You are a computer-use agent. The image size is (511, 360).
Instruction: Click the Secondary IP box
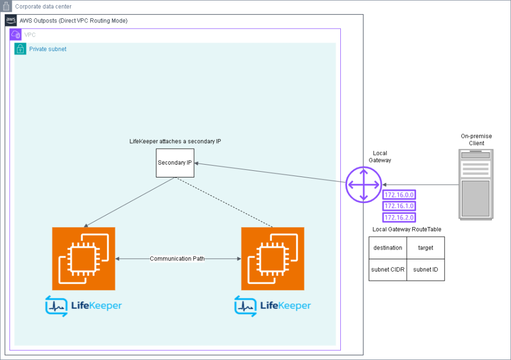[175, 163]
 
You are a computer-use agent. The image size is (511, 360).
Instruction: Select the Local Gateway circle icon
[363, 184]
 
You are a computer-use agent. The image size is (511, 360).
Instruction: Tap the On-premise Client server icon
[476, 184]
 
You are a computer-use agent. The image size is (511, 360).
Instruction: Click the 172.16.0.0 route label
[399, 195]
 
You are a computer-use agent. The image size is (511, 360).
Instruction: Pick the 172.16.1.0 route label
[399, 206]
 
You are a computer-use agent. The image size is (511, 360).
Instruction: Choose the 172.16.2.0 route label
[399, 217]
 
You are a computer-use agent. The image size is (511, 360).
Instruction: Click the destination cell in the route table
[388, 248]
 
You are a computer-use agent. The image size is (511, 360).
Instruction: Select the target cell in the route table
[426, 248]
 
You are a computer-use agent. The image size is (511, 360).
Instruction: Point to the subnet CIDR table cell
[388, 269]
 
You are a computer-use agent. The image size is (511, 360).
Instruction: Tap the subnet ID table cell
[426, 269]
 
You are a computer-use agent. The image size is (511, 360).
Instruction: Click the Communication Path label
[177, 259]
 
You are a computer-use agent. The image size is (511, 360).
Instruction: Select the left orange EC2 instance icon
[84, 259]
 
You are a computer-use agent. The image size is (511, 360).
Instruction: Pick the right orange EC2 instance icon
[272, 259]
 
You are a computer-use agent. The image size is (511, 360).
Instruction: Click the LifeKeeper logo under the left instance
[84, 306]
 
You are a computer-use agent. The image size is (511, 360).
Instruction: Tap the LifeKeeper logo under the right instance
[272, 306]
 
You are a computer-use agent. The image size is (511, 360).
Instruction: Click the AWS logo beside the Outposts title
[11, 20]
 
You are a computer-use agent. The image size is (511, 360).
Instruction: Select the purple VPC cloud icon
[16, 35]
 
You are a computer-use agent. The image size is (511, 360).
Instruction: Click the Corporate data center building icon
[7, 7]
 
